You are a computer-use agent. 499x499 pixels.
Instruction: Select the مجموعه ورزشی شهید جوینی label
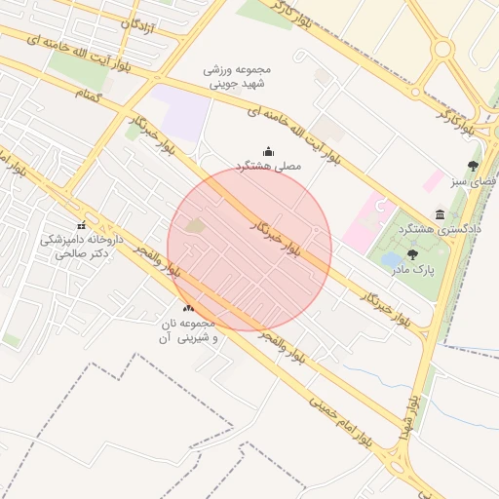coord(237,77)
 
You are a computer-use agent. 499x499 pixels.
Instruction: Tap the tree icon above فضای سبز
coord(474,166)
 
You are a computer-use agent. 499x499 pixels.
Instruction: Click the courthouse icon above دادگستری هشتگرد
coord(441,213)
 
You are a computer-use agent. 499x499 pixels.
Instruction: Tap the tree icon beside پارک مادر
coord(413,253)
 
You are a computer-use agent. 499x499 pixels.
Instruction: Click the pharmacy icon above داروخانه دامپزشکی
coord(81,225)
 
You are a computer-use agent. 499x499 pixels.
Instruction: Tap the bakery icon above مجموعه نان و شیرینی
coord(188,309)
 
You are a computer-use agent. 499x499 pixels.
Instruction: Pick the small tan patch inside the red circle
coord(196,227)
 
